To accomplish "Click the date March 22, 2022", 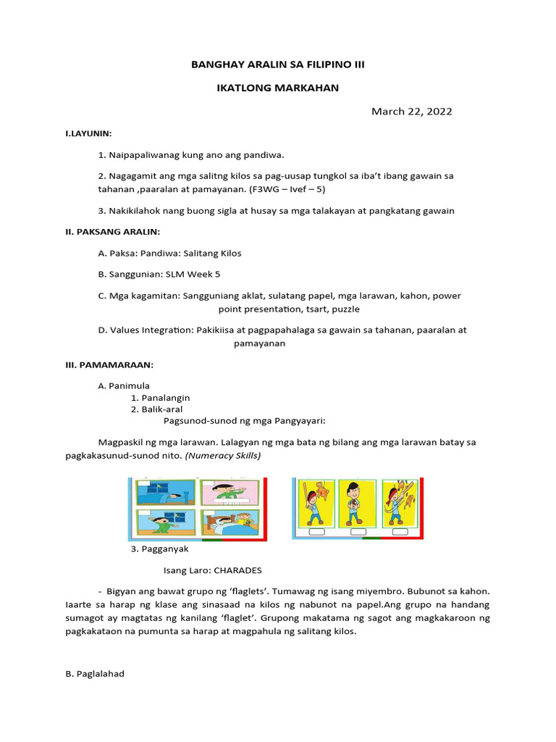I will [411, 111].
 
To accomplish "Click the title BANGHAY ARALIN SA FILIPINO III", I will [278, 64].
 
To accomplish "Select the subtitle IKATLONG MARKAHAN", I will [278, 88].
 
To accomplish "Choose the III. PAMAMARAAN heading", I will [109, 364].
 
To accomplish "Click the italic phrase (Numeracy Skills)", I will [224, 456].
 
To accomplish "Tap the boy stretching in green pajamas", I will [164, 524].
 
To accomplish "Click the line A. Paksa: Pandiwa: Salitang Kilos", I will [169, 253].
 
